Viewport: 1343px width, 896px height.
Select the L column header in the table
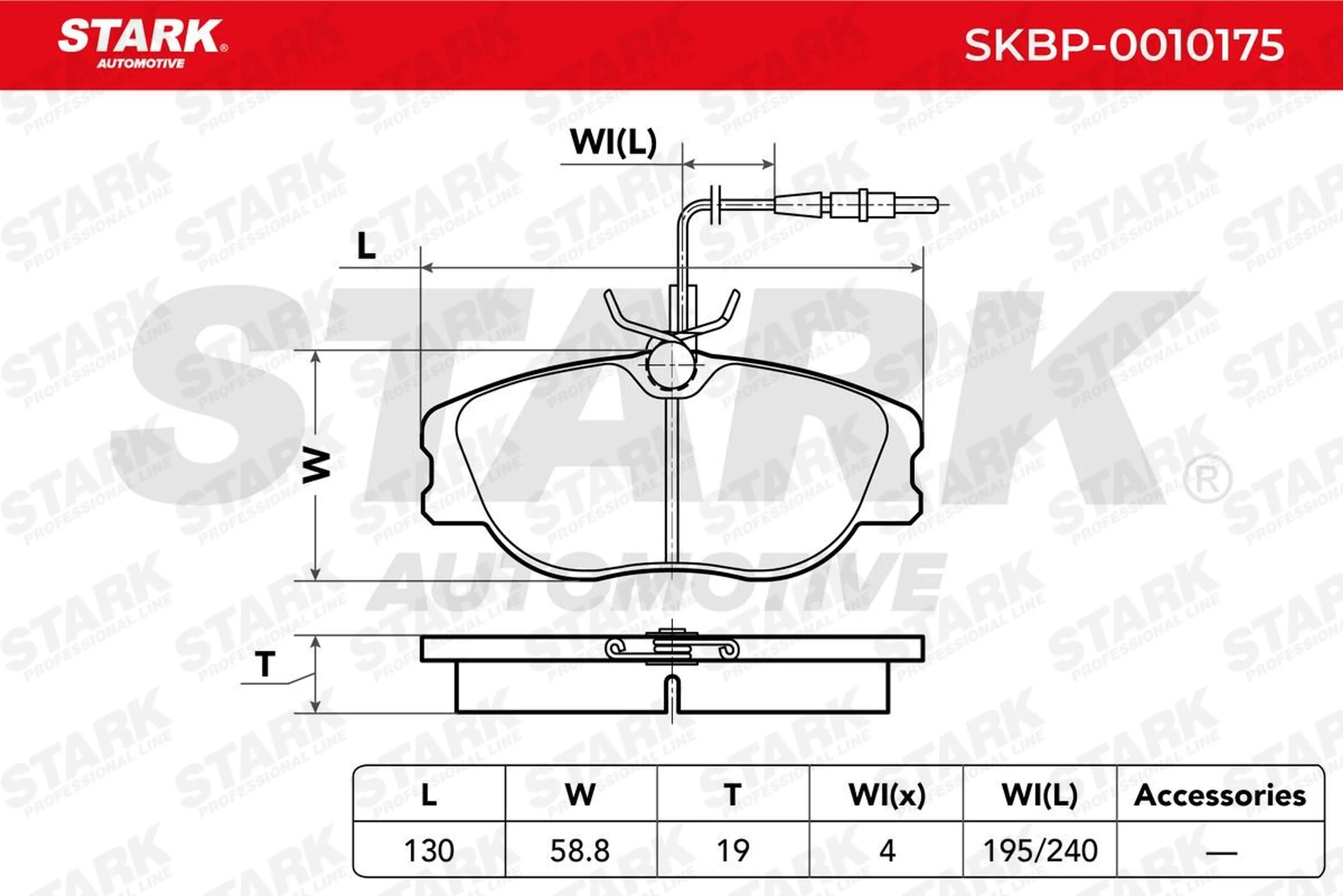429,796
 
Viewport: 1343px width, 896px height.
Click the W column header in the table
581,796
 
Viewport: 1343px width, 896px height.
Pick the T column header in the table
733,796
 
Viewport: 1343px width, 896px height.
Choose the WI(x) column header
887,796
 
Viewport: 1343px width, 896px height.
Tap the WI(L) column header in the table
1040,796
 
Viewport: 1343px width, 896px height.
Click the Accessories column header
1220,796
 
